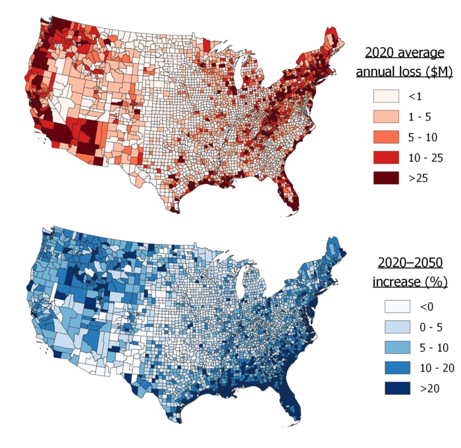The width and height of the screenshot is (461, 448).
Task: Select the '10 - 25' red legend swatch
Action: pos(387,157)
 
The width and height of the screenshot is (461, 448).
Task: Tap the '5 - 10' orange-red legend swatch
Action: pos(387,137)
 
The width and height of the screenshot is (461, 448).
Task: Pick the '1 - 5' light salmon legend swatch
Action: pos(387,116)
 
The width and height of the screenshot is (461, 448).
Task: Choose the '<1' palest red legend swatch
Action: pos(387,96)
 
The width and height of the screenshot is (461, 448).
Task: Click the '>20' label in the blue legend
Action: pos(431,388)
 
